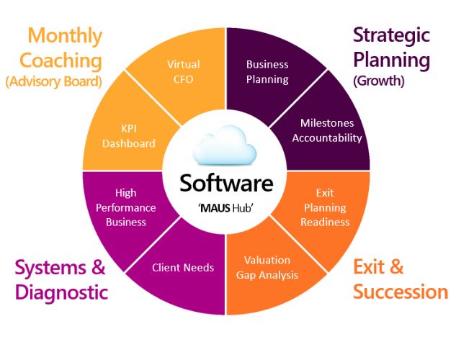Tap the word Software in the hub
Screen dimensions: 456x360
[226, 183]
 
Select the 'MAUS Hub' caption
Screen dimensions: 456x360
[226, 206]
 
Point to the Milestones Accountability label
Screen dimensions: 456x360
[321, 130]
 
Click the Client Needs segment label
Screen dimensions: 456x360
[183, 268]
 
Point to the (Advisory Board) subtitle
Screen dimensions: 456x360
[53, 81]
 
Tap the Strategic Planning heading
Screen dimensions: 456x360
[391, 47]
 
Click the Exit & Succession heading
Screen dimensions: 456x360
[399, 279]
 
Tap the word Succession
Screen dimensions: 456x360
[401, 292]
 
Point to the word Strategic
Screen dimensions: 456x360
[391, 35]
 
